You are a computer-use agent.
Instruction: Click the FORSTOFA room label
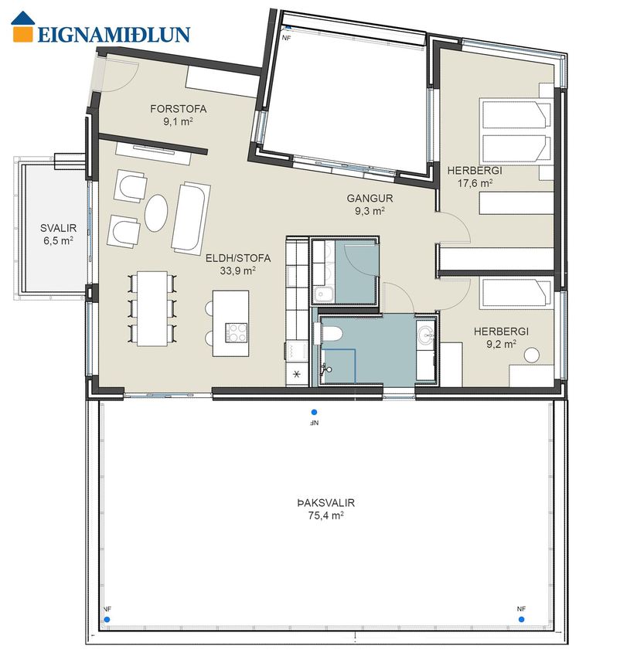(x=179, y=109)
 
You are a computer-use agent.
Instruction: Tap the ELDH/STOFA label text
(x=238, y=258)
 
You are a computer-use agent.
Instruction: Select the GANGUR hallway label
(x=370, y=199)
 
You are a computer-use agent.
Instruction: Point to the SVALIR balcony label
(x=59, y=228)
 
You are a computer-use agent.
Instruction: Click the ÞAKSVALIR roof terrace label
(x=325, y=503)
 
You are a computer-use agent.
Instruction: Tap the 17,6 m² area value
(x=475, y=183)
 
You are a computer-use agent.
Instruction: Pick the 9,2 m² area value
(x=501, y=344)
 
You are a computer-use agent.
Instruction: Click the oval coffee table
(x=155, y=213)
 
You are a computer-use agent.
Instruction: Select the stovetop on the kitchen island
(x=237, y=332)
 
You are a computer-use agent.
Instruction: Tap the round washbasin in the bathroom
(x=426, y=334)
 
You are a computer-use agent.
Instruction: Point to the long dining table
(x=152, y=308)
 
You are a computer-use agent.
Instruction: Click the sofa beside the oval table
(x=191, y=216)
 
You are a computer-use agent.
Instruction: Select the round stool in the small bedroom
(x=532, y=355)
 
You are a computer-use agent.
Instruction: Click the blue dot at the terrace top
(x=314, y=413)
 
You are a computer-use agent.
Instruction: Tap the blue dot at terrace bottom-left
(x=107, y=619)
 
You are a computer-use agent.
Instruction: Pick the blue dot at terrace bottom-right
(x=521, y=619)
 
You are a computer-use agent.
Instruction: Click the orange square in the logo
(x=22, y=34)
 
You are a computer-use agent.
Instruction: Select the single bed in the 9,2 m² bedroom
(x=516, y=293)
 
